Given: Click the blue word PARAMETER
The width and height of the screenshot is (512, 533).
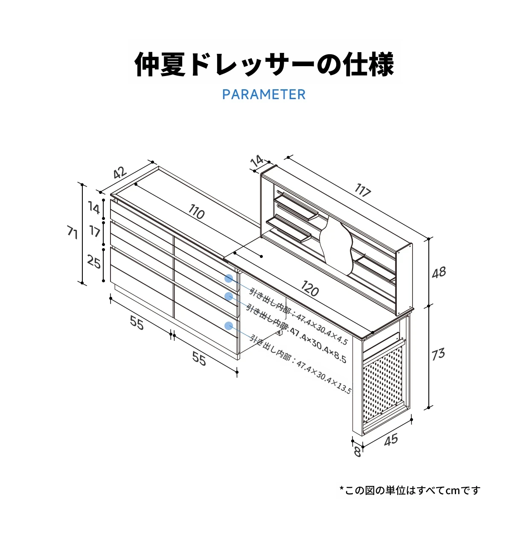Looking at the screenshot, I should point(264,94).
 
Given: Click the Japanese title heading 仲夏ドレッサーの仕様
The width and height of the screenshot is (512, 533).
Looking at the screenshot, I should point(264,65).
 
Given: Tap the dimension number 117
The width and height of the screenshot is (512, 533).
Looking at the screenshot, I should point(363,190).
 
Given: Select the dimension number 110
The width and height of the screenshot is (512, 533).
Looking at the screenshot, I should point(196,212).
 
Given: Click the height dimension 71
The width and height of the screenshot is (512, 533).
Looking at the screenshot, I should point(73,233).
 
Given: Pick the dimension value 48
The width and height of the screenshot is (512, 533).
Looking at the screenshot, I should point(439,272).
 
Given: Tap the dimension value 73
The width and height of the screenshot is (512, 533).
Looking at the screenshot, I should point(438,354).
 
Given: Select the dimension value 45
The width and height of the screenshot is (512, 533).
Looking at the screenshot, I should point(391,439).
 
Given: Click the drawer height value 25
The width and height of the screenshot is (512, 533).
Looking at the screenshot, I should point(94,261).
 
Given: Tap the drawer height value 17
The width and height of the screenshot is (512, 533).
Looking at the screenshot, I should point(95,231).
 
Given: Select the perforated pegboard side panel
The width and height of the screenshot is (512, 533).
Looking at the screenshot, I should point(382,387).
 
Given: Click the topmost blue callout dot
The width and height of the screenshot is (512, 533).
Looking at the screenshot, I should point(229,278).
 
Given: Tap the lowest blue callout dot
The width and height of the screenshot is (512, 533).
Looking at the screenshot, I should point(229,326).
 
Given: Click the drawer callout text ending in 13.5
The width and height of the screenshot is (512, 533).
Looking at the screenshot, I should point(300,365).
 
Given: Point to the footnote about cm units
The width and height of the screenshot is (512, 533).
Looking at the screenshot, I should point(410,490).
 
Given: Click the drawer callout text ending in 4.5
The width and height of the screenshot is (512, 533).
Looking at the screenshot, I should point(299,316).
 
